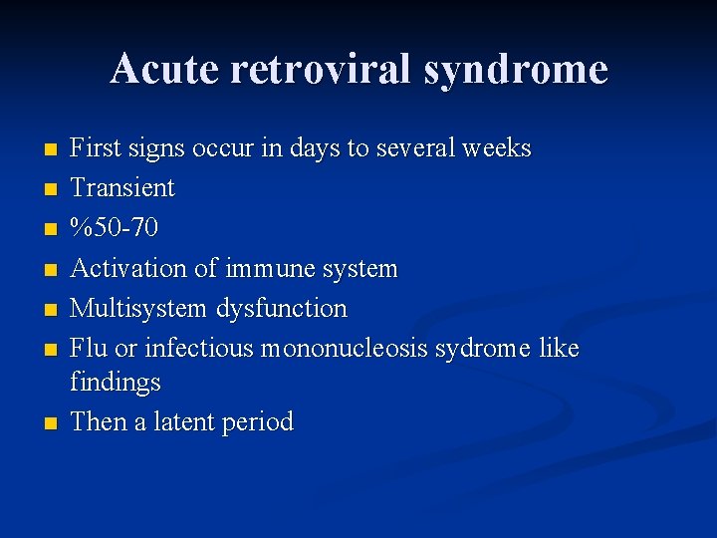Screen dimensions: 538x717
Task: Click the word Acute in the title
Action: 166,70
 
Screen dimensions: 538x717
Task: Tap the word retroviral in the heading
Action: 322,70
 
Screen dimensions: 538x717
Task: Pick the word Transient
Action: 122,188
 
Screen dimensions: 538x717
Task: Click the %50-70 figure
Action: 114,228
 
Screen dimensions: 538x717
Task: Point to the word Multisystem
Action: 138,309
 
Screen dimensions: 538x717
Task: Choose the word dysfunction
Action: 282,309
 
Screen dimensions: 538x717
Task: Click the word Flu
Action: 89,349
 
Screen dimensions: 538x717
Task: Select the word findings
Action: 116,383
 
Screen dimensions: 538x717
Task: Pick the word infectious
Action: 199,349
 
